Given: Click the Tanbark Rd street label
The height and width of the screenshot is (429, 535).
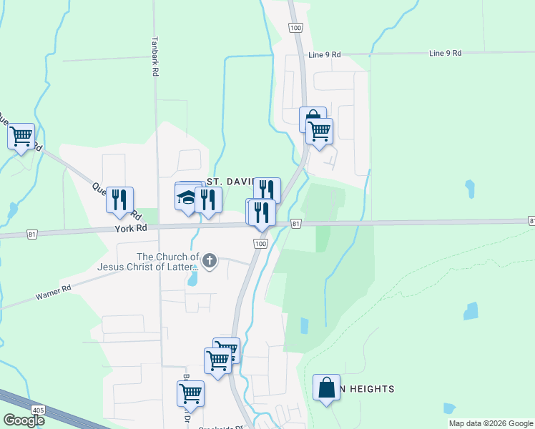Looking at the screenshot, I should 154,57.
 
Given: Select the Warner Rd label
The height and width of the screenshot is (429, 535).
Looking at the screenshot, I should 57,292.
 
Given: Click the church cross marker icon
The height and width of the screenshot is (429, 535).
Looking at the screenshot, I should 209,261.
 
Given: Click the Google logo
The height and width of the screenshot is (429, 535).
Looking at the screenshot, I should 24,420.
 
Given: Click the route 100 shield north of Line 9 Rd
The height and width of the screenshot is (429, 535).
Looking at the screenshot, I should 295,26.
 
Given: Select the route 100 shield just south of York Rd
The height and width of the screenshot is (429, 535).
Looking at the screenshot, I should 260,245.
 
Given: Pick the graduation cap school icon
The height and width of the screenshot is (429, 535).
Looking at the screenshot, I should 187,197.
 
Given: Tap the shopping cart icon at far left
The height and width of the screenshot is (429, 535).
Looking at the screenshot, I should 21,134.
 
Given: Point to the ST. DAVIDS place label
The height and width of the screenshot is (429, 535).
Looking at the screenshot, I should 230,182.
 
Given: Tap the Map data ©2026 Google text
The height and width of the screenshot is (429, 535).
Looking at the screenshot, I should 491,423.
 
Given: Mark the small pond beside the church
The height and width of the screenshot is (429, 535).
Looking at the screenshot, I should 192,279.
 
